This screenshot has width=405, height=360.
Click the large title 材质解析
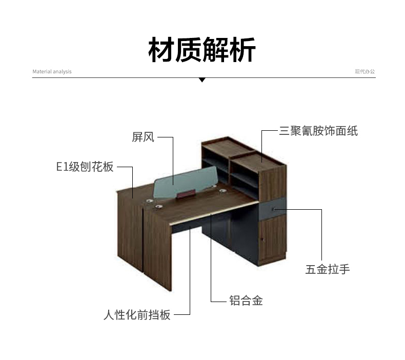(x=202, y=49)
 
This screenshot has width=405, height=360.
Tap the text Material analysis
(x=52, y=72)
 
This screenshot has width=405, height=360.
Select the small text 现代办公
(x=364, y=71)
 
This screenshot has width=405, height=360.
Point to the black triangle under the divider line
(x=202, y=80)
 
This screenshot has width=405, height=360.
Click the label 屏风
(x=143, y=137)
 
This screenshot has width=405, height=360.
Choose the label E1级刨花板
(x=85, y=167)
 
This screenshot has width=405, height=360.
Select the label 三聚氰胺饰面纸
(x=318, y=131)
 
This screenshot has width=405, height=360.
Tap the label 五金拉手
(x=328, y=269)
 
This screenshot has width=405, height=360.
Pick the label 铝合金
(x=246, y=301)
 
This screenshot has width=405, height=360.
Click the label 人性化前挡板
(x=137, y=314)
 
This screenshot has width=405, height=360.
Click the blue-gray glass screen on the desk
(x=186, y=182)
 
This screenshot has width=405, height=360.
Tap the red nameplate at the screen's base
(x=186, y=193)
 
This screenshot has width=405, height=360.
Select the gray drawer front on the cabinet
(x=273, y=209)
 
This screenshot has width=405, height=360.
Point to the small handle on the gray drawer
(x=274, y=209)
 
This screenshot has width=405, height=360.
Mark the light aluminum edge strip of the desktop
(x=214, y=213)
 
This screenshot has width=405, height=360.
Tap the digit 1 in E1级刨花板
(x=65, y=167)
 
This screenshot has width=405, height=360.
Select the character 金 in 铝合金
(x=257, y=301)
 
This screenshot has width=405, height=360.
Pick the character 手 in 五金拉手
(x=345, y=269)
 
